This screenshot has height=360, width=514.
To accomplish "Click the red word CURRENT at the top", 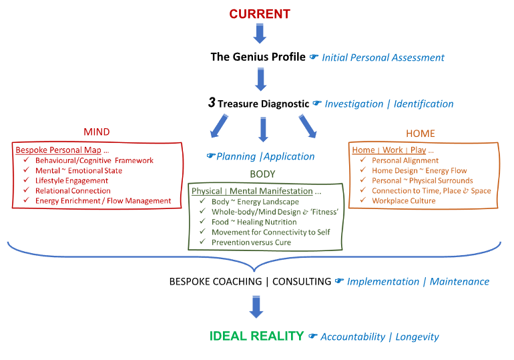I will (260, 13).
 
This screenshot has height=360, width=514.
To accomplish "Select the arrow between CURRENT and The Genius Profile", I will (260, 33).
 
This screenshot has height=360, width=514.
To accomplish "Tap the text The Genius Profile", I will (258, 57).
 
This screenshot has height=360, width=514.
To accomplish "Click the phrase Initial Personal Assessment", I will (383, 57).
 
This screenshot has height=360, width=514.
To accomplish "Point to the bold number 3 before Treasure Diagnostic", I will (212, 104).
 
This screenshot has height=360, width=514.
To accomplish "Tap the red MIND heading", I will (97, 132).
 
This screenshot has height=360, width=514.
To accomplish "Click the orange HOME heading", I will (421, 133).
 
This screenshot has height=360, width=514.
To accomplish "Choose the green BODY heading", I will (262, 174).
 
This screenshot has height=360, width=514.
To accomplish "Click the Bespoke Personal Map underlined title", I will (56, 150).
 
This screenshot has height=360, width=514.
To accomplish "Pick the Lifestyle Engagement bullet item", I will (71, 180).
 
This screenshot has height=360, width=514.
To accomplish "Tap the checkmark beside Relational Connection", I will (26, 191).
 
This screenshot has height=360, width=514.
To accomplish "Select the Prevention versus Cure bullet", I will (251, 242).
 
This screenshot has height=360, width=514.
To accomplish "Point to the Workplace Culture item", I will (404, 200).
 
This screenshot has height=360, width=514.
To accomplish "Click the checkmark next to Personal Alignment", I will (363, 160).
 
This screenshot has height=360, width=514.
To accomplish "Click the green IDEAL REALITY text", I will (257, 336).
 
